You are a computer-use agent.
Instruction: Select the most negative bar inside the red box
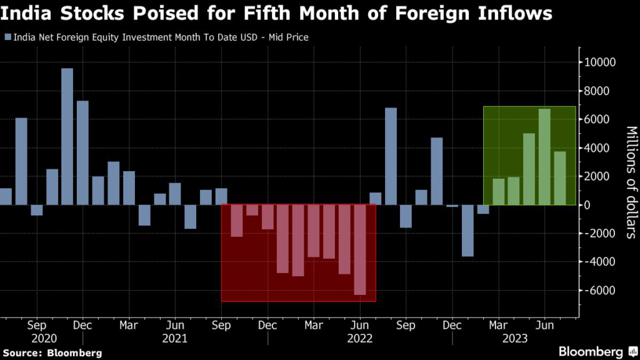click(x=359, y=249)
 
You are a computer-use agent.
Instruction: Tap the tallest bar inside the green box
click(x=544, y=157)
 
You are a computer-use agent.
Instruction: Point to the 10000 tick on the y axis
click(x=599, y=62)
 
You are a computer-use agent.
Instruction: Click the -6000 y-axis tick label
click(x=599, y=290)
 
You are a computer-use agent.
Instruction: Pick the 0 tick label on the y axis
click(x=589, y=204)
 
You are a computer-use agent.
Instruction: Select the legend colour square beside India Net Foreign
click(x=7, y=37)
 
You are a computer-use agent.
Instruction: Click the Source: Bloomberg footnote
click(x=51, y=353)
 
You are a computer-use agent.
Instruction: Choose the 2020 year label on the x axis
click(x=36, y=338)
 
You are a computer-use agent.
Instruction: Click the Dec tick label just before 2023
click(x=452, y=326)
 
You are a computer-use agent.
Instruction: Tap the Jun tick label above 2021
click(x=175, y=326)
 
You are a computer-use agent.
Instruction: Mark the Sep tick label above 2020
click(x=36, y=326)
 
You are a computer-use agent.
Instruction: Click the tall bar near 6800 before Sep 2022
click(x=391, y=156)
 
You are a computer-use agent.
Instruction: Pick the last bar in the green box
click(x=560, y=178)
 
